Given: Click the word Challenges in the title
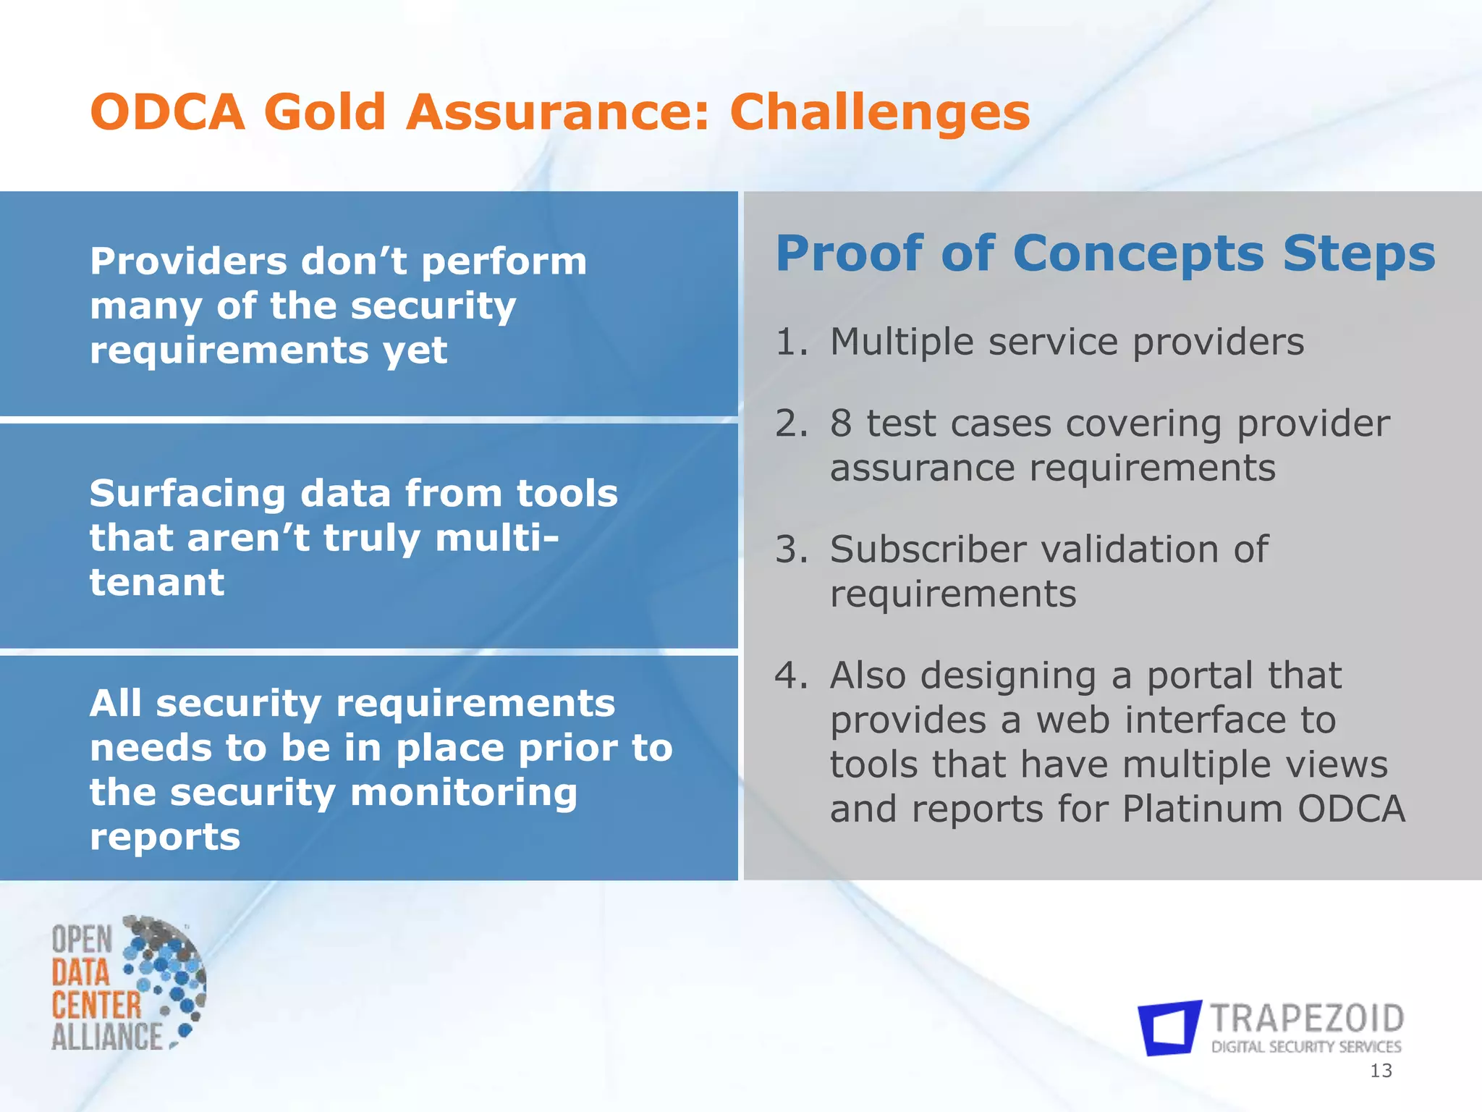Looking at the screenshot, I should pyautogui.click(x=879, y=114).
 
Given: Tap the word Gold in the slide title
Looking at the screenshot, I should pyautogui.click(x=324, y=114).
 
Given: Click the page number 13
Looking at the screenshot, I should pyautogui.click(x=1381, y=1071).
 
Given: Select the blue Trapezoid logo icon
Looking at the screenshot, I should pyautogui.click(x=1169, y=1028).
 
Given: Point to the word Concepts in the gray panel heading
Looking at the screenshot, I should pyautogui.click(x=1138, y=255).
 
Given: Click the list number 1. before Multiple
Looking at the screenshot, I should pyautogui.click(x=791, y=342).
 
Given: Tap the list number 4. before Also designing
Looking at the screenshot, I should pyautogui.click(x=791, y=675).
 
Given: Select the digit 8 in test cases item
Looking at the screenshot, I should pyautogui.click(x=841, y=424).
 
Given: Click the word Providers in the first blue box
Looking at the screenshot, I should pyautogui.click(x=188, y=261).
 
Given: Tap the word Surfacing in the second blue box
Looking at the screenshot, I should pyautogui.click(x=187, y=494).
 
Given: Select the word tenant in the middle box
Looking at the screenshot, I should pyautogui.click(x=157, y=583).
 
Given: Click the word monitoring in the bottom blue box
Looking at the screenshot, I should pyautogui.click(x=464, y=793).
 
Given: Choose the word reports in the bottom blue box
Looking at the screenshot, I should pyautogui.click(x=165, y=838).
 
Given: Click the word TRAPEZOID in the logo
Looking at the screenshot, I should pyautogui.click(x=1307, y=1019).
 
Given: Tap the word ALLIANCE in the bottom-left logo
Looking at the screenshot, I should pyautogui.click(x=107, y=1036).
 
